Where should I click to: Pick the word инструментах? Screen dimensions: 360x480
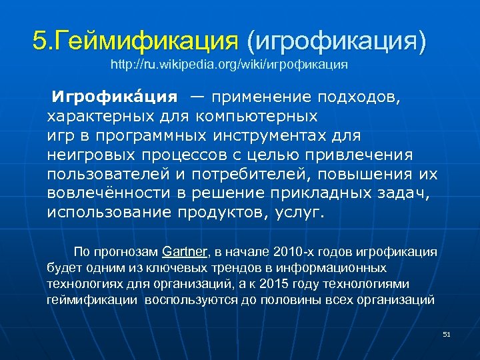tap(297, 136)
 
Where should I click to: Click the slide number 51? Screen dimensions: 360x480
tap(447, 334)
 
